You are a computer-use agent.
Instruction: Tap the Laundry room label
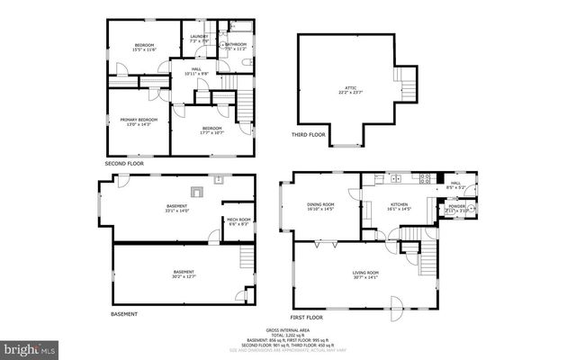pyautogui.click(x=199, y=39)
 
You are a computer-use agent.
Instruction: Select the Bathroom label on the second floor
pyautogui.click(x=237, y=44)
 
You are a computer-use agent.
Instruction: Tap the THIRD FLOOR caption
pyautogui.click(x=308, y=136)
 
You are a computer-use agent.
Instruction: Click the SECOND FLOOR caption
pyautogui.click(x=124, y=164)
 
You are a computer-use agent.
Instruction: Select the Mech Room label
pyautogui.click(x=238, y=221)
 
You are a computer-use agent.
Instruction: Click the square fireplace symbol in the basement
pyautogui.click(x=197, y=191)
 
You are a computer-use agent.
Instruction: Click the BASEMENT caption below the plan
pyautogui.click(x=123, y=314)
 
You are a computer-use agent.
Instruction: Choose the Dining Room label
pyautogui.click(x=321, y=206)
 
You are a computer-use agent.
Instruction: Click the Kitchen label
pyautogui.click(x=397, y=206)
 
